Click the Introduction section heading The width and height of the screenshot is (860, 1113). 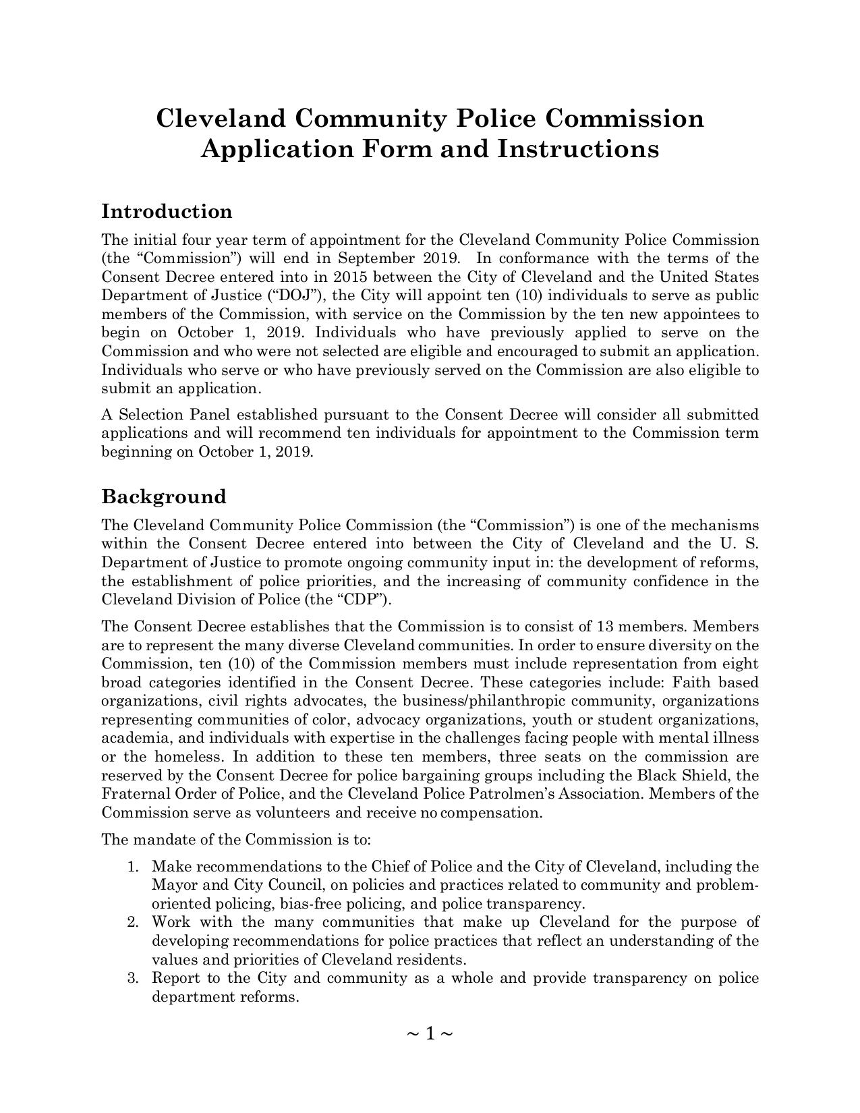167,212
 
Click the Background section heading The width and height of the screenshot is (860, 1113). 164,497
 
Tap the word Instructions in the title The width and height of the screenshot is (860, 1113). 578,149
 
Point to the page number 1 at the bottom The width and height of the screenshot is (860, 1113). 430,1033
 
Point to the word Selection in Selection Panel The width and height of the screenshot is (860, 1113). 150,414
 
